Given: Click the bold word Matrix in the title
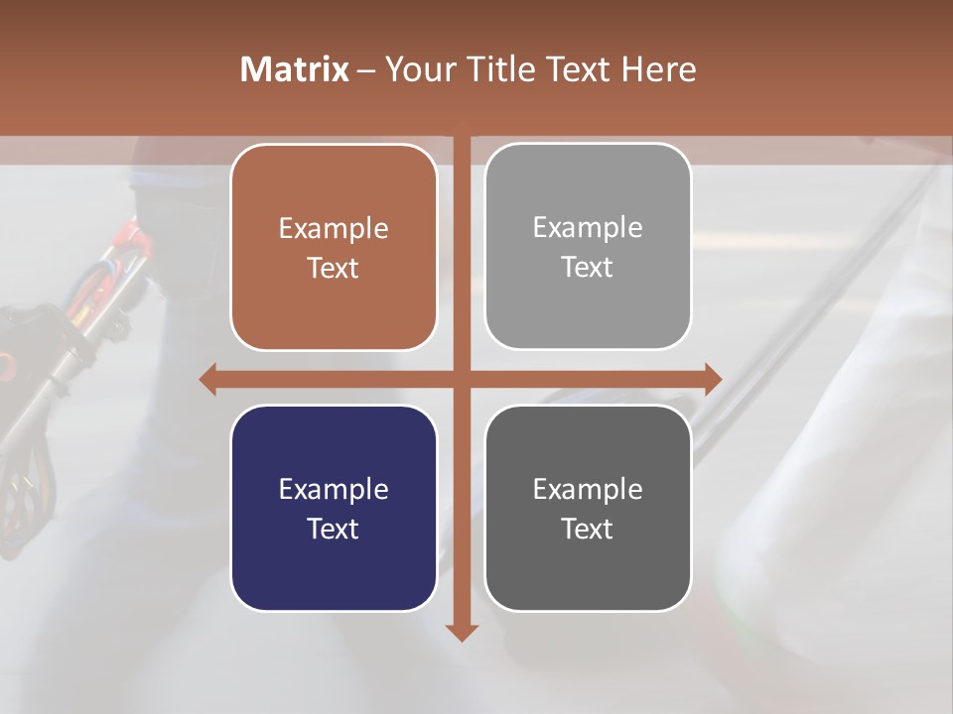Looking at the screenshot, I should (294, 69).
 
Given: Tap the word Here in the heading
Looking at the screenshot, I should (658, 69).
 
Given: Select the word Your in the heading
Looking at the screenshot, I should (420, 69).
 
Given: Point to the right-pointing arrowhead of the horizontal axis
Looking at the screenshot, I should (712, 379).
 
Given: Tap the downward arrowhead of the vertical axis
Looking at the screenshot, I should (462, 632).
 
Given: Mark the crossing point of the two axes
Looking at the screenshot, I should (462, 379).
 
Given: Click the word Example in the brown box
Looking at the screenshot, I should (334, 228).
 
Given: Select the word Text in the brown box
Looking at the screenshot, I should (334, 268).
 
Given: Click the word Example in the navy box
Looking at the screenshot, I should (334, 489).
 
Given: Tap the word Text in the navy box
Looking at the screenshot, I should (334, 529).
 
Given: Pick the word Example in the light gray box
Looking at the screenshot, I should (588, 227).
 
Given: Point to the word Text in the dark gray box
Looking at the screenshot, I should (588, 529).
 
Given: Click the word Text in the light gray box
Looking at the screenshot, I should (588, 267).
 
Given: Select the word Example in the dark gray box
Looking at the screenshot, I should (588, 489).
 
